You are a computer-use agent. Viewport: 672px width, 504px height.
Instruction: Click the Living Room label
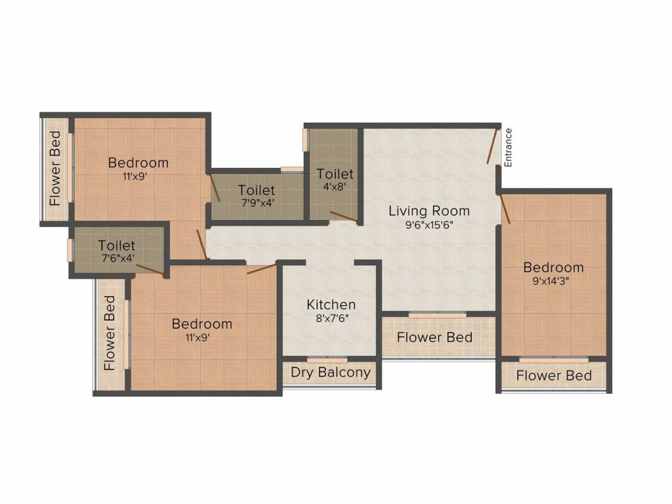click(x=429, y=211)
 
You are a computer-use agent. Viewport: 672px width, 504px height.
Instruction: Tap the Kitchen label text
click(x=331, y=305)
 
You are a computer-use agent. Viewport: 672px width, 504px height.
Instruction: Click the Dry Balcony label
click(x=331, y=373)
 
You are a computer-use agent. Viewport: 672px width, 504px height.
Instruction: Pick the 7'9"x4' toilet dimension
click(x=257, y=203)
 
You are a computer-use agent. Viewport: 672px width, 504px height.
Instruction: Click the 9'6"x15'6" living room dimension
click(x=429, y=224)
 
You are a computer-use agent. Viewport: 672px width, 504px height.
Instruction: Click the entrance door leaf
click(x=492, y=146)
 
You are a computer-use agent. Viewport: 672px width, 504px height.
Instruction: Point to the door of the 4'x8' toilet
click(x=343, y=217)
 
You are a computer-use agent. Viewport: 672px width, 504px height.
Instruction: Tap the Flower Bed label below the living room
click(x=434, y=338)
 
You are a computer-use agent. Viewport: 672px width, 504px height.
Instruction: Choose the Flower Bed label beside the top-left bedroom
click(x=56, y=168)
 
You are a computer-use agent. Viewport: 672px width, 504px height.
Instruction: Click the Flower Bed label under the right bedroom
click(x=554, y=376)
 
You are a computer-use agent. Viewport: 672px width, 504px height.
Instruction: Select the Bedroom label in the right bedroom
click(x=553, y=268)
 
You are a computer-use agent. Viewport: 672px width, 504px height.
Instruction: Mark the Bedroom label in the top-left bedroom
click(x=138, y=163)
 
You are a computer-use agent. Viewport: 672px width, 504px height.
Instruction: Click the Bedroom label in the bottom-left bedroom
click(x=202, y=324)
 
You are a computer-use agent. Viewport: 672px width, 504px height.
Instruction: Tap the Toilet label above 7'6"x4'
click(x=117, y=246)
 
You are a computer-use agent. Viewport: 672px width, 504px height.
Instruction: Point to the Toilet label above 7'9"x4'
click(x=257, y=190)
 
